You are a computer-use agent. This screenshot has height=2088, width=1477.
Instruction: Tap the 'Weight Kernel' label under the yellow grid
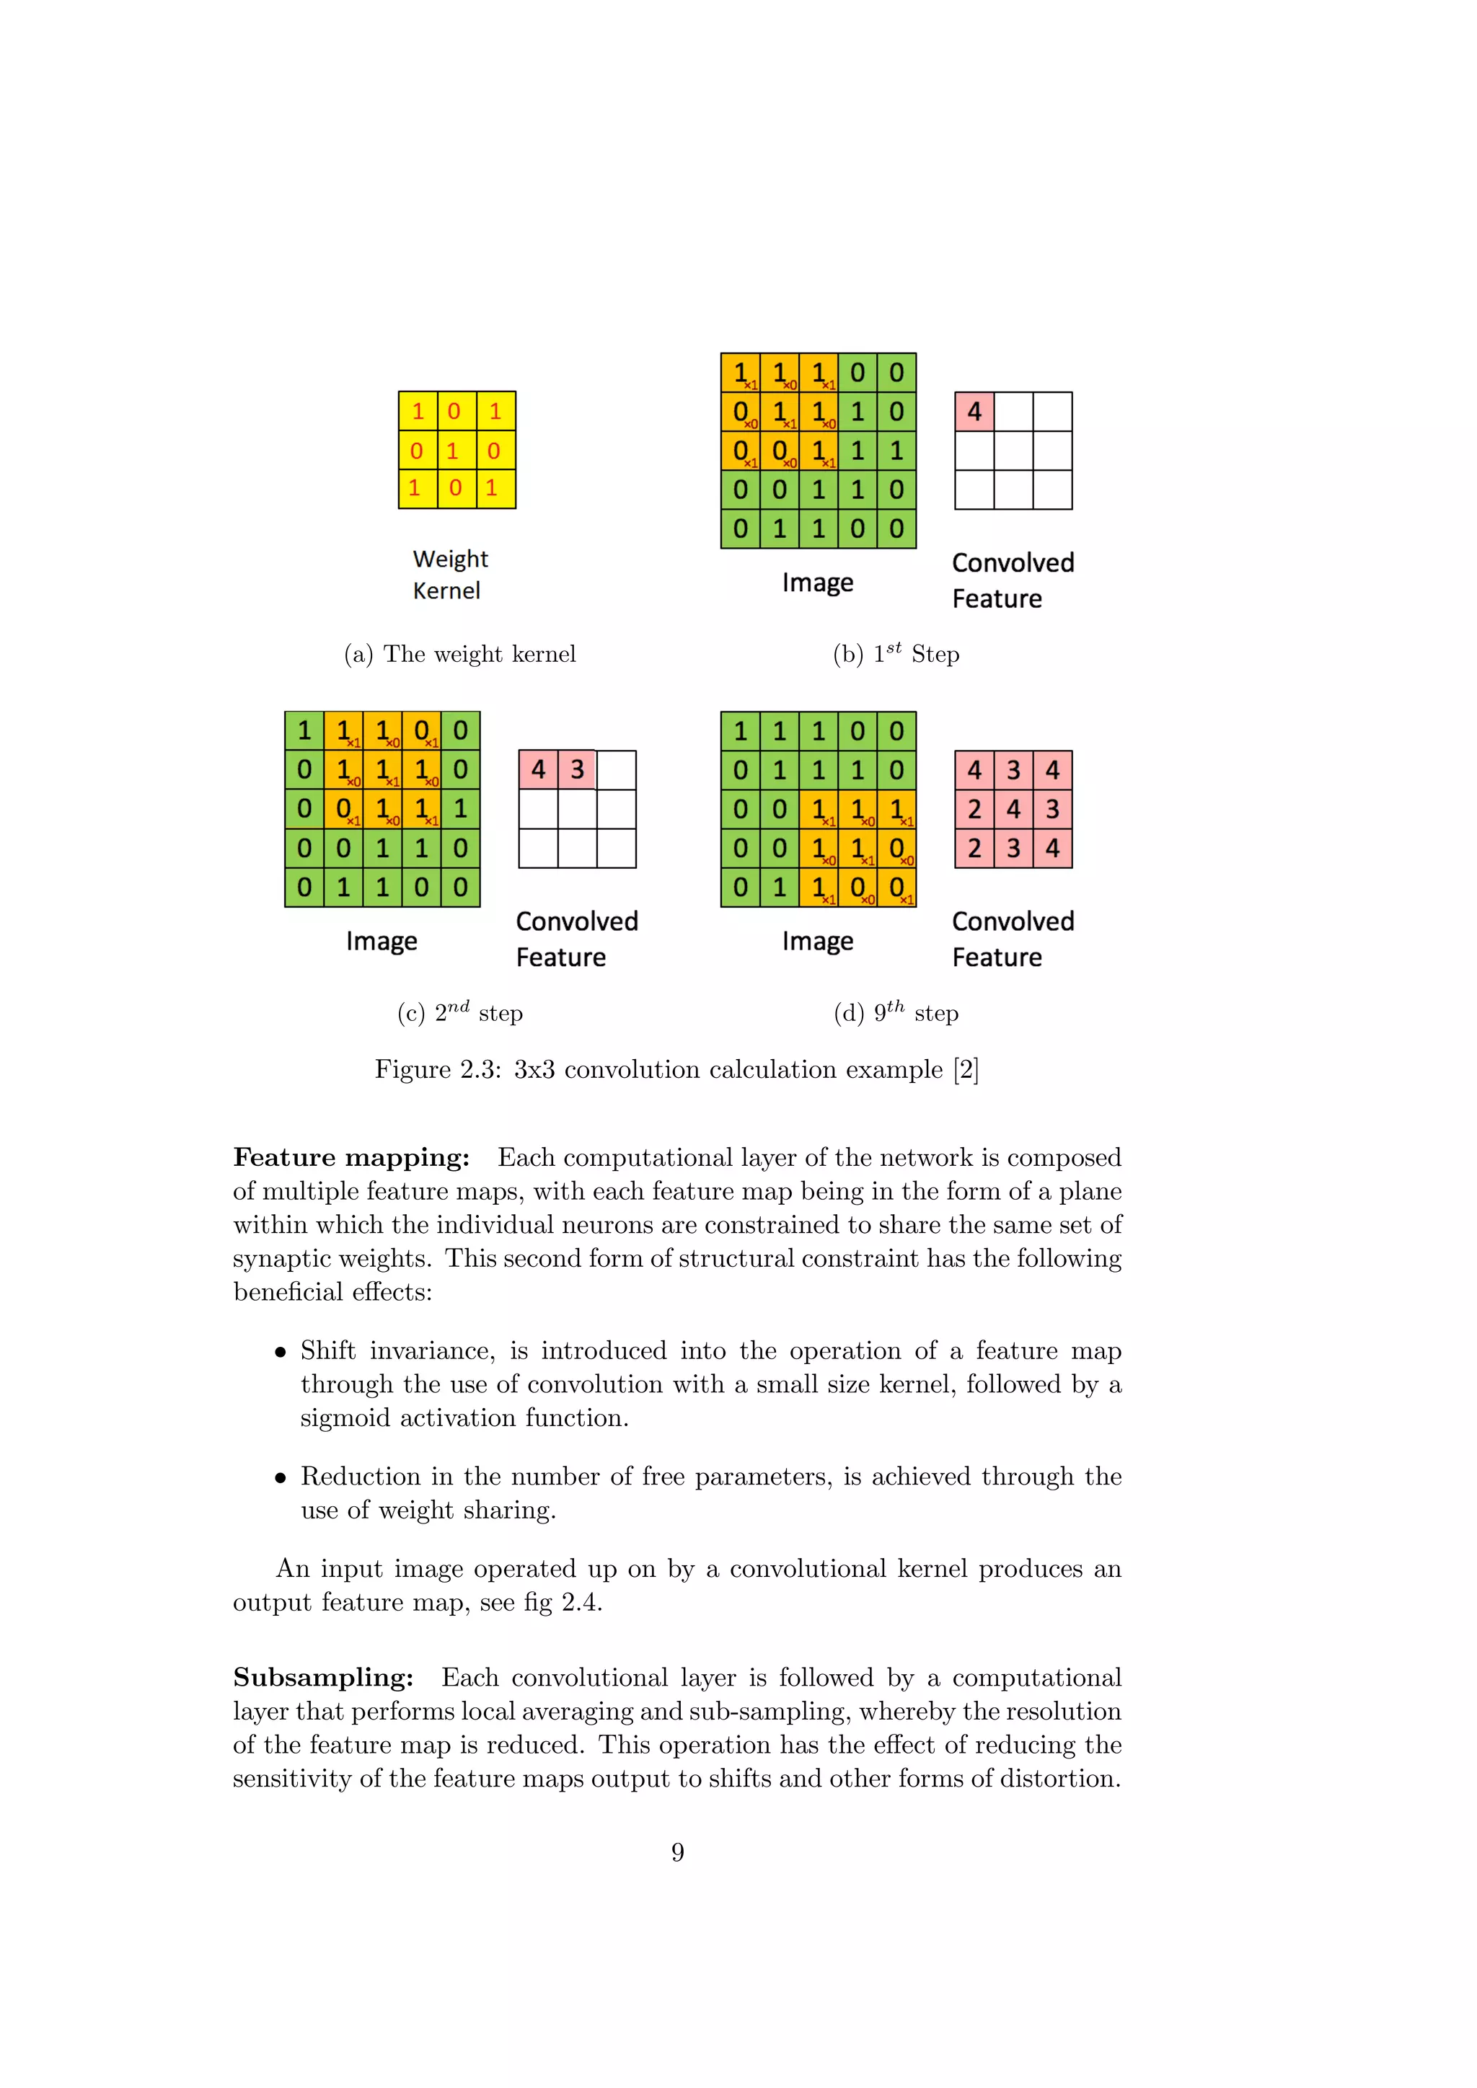(x=449, y=574)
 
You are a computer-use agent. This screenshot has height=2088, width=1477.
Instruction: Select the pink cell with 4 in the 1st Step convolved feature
(x=974, y=412)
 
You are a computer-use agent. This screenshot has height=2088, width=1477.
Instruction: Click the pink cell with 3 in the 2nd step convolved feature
(x=578, y=770)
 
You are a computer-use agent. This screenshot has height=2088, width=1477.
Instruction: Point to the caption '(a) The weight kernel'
(x=459, y=654)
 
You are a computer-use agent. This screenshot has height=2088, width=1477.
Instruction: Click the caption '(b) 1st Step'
(x=896, y=654)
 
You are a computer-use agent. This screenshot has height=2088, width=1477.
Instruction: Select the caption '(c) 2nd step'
(x=459, y=1012)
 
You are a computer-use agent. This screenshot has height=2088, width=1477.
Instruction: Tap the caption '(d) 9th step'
(x=896, y=1012)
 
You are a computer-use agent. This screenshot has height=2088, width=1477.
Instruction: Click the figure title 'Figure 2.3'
(x=438, y=1069)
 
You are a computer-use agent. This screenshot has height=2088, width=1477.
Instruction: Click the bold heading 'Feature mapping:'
(x=351, y=1158)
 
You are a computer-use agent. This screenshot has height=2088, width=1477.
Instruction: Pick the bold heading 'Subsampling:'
(x=323, y=1678)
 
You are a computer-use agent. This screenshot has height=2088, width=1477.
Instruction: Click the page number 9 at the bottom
(x=678, y=1852)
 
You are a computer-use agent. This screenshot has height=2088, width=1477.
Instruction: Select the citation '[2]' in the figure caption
(x=966, y=1069)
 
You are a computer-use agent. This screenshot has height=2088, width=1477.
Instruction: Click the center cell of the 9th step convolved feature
(x=1013, y=810)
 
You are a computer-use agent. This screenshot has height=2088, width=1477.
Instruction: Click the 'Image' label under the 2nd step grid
(x=381, y=941)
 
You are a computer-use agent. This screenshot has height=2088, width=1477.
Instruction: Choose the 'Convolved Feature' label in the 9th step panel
(x=1013, y=939)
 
